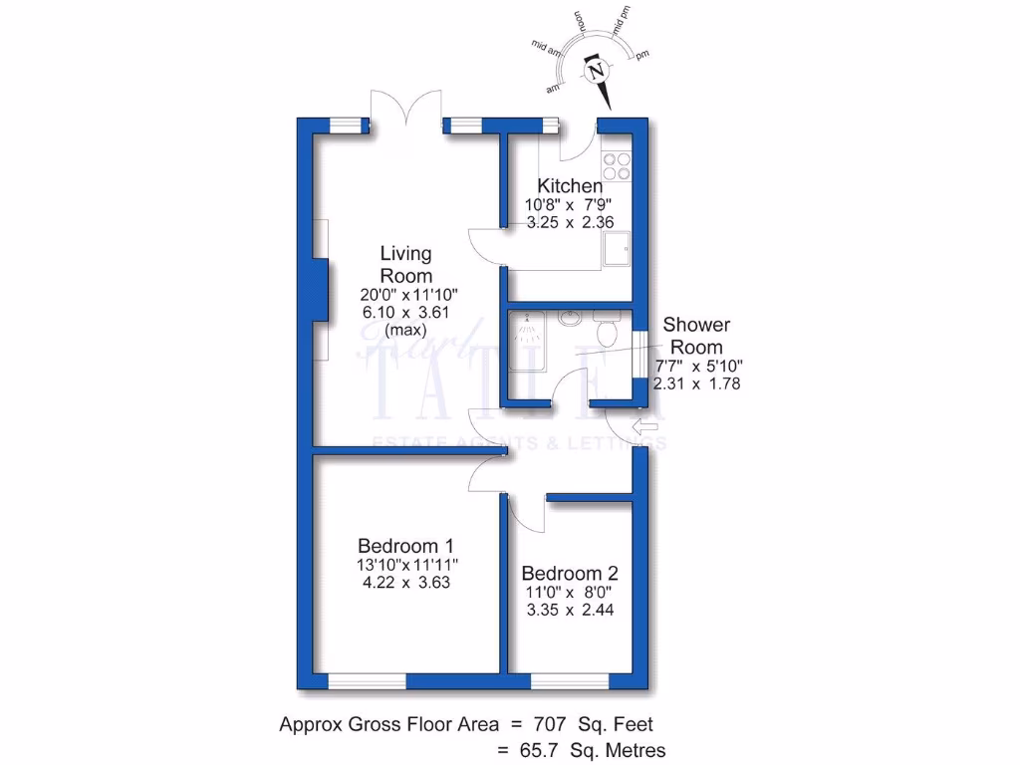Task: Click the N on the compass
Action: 597,72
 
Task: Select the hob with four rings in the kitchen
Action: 616,166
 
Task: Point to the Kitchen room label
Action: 570,186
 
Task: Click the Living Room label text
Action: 406,265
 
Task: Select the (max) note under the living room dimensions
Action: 406,330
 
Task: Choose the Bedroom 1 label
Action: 406,546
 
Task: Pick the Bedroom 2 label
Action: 570,574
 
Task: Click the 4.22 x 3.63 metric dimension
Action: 406,583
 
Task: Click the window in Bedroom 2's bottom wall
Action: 570,681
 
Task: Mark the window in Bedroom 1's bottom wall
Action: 367,681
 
